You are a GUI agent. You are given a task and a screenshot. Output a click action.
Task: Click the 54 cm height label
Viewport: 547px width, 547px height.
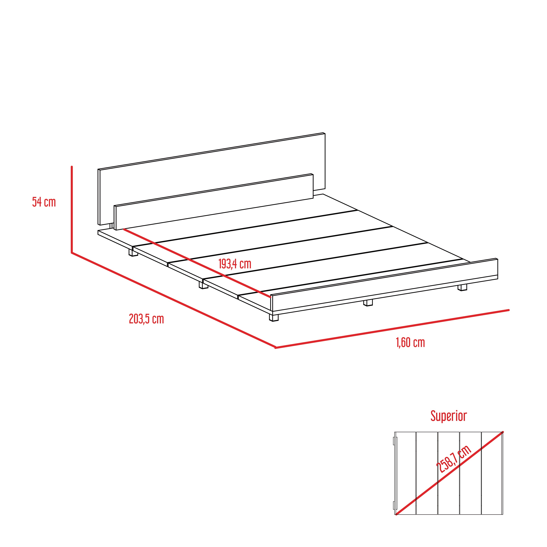(44, 202)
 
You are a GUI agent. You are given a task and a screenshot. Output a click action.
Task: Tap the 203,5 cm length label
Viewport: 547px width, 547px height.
(146, 319)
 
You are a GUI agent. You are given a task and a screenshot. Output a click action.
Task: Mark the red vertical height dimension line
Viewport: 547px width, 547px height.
(72, 209)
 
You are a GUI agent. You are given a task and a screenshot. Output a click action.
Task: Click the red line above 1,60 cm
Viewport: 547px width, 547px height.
(392, 329)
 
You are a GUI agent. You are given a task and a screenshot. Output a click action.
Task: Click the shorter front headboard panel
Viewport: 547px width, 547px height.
(214, 202)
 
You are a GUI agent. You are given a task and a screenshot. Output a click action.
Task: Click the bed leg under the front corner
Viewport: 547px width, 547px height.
(274, 317)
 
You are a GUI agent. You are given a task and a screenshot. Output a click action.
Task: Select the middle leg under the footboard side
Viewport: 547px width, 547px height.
(368, 303)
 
